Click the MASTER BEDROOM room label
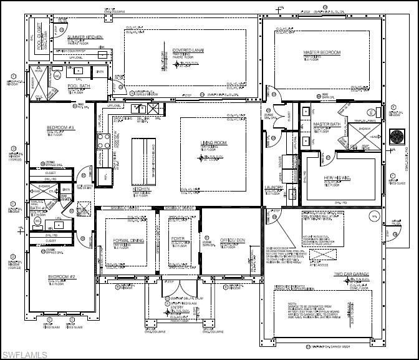coord(322,53)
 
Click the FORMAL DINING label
coord(129,240)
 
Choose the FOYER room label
coord(178,239)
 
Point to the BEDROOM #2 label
coord(61,276)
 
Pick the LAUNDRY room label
coord(274,187)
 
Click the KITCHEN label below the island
coord(142,189)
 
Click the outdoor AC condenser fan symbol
coord(397,137)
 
